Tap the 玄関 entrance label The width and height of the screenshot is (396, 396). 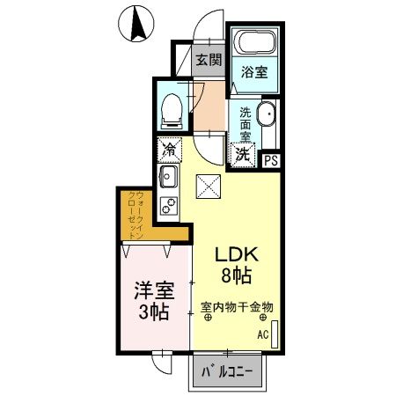click(208, 61)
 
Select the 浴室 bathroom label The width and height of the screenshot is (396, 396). click(254, 74)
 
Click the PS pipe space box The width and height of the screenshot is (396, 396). click(272, 159)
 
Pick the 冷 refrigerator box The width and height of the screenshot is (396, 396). click(170, 150)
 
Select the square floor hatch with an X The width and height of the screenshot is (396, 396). click(207, 186)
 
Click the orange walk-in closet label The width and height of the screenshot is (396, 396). click(133, 216)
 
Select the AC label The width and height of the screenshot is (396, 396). click(262, 334)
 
